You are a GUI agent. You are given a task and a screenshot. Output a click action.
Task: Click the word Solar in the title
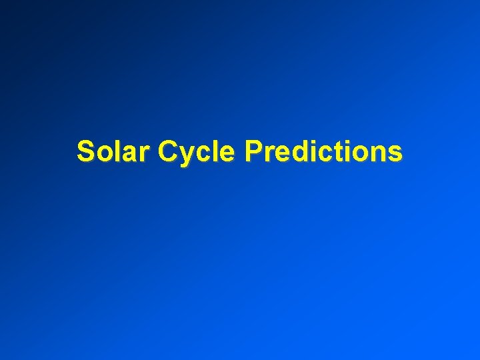(115, 151)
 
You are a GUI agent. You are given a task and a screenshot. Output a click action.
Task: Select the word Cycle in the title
(197, 153)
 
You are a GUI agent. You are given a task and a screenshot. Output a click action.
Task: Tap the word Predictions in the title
(323, 151)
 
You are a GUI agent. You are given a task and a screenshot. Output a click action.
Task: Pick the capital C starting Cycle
(168, 151)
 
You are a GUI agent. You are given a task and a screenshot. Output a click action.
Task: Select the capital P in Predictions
(253, 151)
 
